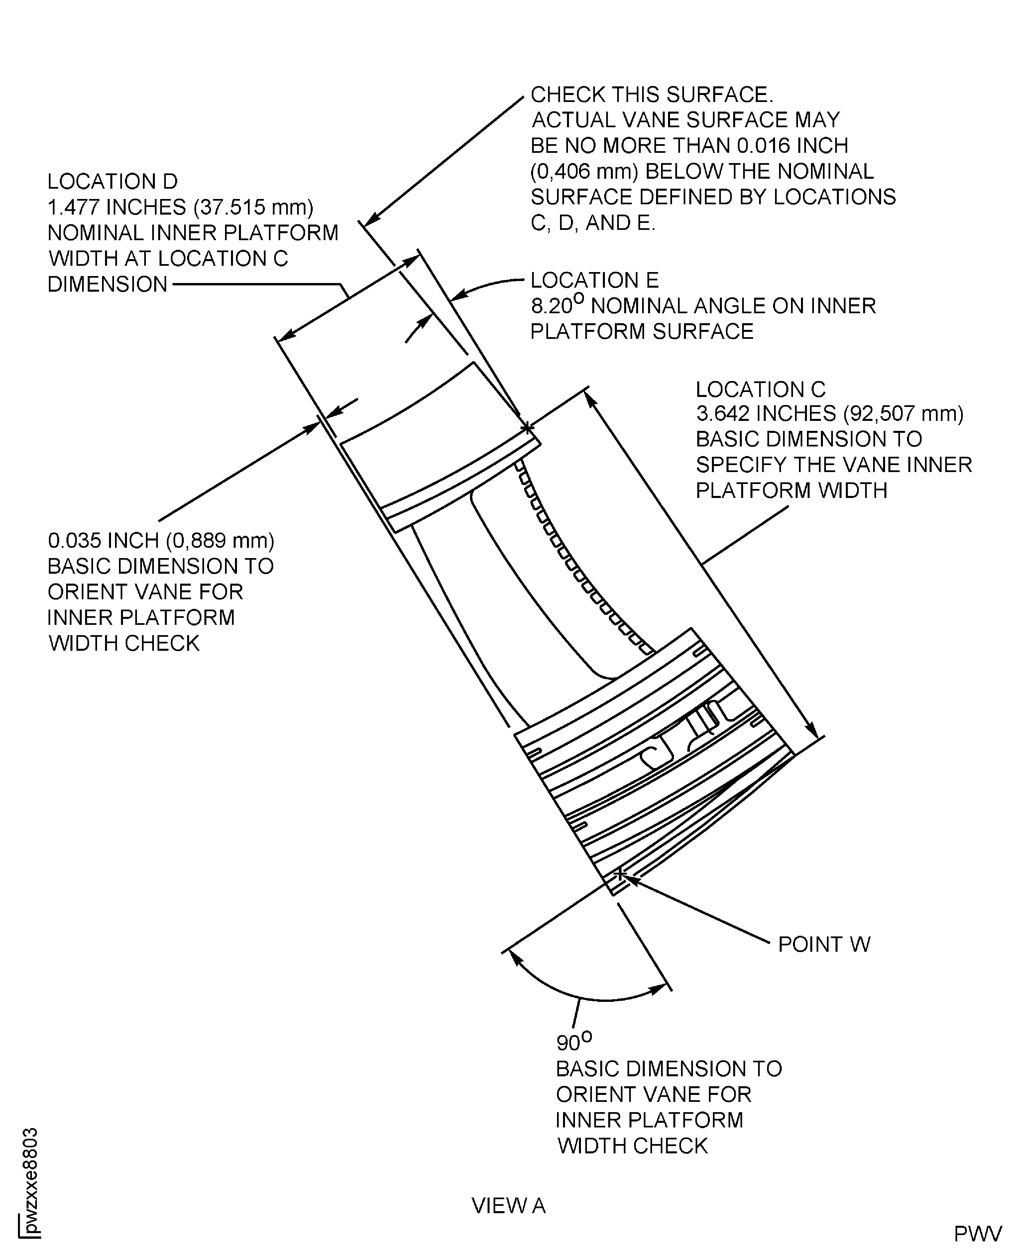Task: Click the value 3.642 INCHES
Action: [x=766, y=414]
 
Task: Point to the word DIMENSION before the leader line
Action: [x=107, y=284]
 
